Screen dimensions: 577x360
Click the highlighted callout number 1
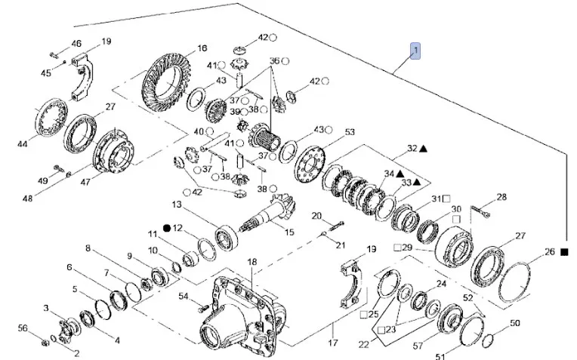(x=415, y=51)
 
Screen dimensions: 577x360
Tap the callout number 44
(x=23, y=144)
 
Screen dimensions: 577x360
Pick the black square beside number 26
(x=564, y=252)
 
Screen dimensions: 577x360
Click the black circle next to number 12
(x=167, y=229)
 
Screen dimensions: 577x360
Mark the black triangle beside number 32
(x=423, y=149)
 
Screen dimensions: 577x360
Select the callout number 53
(x=350, y=131)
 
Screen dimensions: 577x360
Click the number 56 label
(x=23, y=328)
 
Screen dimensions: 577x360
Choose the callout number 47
(x=85, y=182)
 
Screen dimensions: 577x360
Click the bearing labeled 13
(x=227, y=238)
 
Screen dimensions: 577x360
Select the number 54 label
(x=184, y=296)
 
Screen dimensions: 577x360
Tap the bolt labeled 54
(x=203, y=309)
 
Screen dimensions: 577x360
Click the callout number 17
(x=332, y=343)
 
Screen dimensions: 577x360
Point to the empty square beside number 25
(x=364, y=315)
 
